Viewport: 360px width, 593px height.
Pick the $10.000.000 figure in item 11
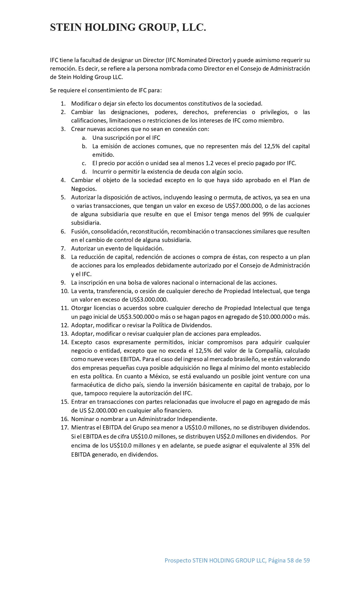coord(275,317)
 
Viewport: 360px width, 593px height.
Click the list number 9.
coord(63,282)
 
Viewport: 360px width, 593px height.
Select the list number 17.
coord(65,427)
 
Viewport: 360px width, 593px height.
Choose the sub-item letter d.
coord(84,171)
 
